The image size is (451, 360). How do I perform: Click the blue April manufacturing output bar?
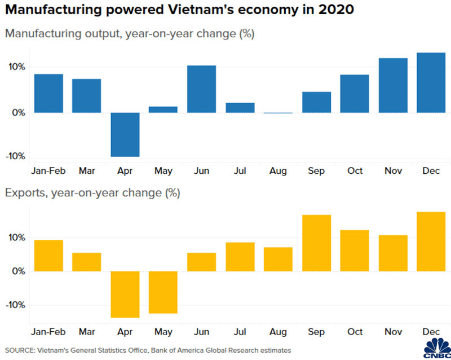pos(125,134)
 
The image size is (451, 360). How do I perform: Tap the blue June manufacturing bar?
pos(202,89)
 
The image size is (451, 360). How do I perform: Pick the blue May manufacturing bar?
pos(163,109)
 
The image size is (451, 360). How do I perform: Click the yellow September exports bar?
pos(316,243)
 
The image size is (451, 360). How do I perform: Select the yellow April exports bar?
pos(125,294)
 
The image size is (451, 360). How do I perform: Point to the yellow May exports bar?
pos(163,292)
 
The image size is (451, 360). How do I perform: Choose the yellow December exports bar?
pos(431,242)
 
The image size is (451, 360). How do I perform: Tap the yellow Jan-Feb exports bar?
pos(48,256)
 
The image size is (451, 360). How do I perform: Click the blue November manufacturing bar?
pos(393,85)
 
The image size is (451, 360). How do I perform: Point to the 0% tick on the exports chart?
pos(18,271)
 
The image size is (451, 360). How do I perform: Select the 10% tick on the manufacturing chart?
pos(16,67)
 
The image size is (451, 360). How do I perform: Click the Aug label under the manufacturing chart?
pos(278,170)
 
